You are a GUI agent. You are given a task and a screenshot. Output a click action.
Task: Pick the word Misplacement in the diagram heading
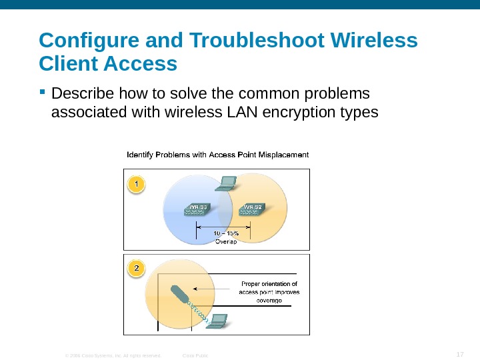tap(283, 155)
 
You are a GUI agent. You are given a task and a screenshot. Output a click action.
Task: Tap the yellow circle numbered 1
tap(136, 183)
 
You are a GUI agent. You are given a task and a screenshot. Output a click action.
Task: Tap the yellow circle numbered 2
tap(136, 269)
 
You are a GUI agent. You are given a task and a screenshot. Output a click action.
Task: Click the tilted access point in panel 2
tap(179, 294)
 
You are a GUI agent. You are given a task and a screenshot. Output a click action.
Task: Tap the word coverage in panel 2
tap(269, 300)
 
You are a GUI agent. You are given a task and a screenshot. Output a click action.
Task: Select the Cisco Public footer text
tap(195, 355)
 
